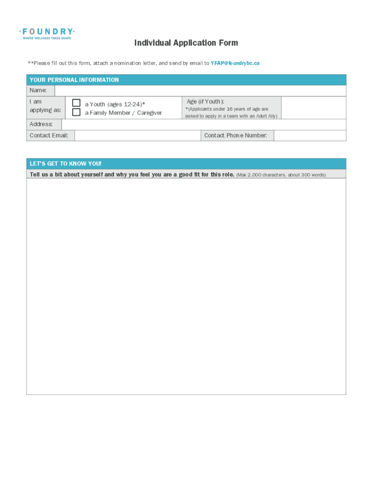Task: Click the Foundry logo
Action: (x=47, y=34)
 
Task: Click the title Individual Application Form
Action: (x=186, y=43)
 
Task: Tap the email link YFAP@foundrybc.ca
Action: (x=235, y=64)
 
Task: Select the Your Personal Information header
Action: (x=74, y=80)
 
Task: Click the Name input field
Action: (x=201, y=91)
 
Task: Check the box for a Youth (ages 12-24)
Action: (x=77, y=103)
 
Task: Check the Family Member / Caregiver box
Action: (x=77, y=113)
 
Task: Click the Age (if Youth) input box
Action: (x=313, y=107)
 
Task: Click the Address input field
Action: (x=203, y=125)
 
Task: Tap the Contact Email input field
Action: (x=138, y=135)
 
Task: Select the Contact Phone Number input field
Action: (x=310, y=135)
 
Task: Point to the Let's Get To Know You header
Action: (x=66, y=164)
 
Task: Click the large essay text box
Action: (x=186, y=286)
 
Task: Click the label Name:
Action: (x=38, y=91)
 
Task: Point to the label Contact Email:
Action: (x=49, y=135)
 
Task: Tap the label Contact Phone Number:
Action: (x=236, y=135)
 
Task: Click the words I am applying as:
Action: (x=45, y=106)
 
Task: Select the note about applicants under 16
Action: (x=231, y=113)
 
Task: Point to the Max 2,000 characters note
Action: (x=281, y=175)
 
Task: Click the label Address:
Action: (x=41, y=125)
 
